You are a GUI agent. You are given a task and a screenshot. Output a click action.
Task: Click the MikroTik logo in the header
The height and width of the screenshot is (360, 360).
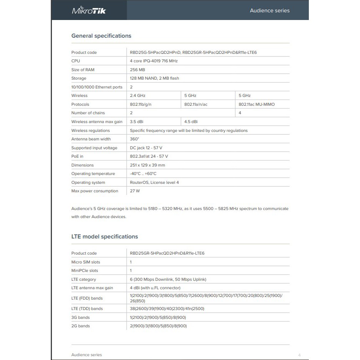click(x=89, y=10)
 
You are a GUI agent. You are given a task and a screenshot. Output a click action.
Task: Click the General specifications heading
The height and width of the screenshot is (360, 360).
click(x=101, y=36)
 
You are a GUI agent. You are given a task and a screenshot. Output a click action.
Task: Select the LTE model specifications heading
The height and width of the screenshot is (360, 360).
click(x=105, y=237)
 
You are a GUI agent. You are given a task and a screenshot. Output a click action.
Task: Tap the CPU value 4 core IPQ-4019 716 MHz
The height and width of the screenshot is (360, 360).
click(x=154, y=61)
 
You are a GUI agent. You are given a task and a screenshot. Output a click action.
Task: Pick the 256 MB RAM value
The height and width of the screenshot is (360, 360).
click(x=137, y=70)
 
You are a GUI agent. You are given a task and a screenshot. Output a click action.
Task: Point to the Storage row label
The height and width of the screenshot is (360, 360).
click(x=79, y=78)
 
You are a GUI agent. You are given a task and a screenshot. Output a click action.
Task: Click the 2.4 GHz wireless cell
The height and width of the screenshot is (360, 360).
click(x=138, y=95)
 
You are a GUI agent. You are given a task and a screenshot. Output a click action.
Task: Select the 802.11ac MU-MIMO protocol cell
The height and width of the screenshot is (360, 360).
click(x=257, y=104)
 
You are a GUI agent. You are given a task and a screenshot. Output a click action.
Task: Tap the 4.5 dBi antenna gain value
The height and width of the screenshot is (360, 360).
click(x=191, y=122)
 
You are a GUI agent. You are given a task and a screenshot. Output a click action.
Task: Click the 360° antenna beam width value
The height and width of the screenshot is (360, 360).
click(x=134, y=139)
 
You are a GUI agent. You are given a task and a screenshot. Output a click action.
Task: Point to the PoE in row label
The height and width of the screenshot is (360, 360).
click(x=77, y=157)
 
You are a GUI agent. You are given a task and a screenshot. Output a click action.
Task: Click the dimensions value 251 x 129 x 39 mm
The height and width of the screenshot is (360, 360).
click(x=147, y=165)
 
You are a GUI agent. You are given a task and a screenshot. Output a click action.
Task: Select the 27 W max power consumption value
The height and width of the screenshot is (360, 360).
click(x=135, y=191)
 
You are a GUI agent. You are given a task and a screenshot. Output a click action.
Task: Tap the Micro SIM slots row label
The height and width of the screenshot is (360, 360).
click(x=86, y=262)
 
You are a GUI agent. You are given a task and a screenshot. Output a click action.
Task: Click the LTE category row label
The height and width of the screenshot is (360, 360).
click(x=84, y=279)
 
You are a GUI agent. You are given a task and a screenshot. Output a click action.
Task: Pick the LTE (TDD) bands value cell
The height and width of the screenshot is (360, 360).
click(x=167, y=308)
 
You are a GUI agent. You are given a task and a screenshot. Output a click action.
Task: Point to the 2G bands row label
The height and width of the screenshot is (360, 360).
click(x=80, y=326)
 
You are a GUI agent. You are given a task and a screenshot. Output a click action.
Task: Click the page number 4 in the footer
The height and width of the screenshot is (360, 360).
click(x=300, y=355)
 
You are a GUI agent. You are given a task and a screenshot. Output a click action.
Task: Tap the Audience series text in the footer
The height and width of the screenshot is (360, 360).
click(x=87, y=355)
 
